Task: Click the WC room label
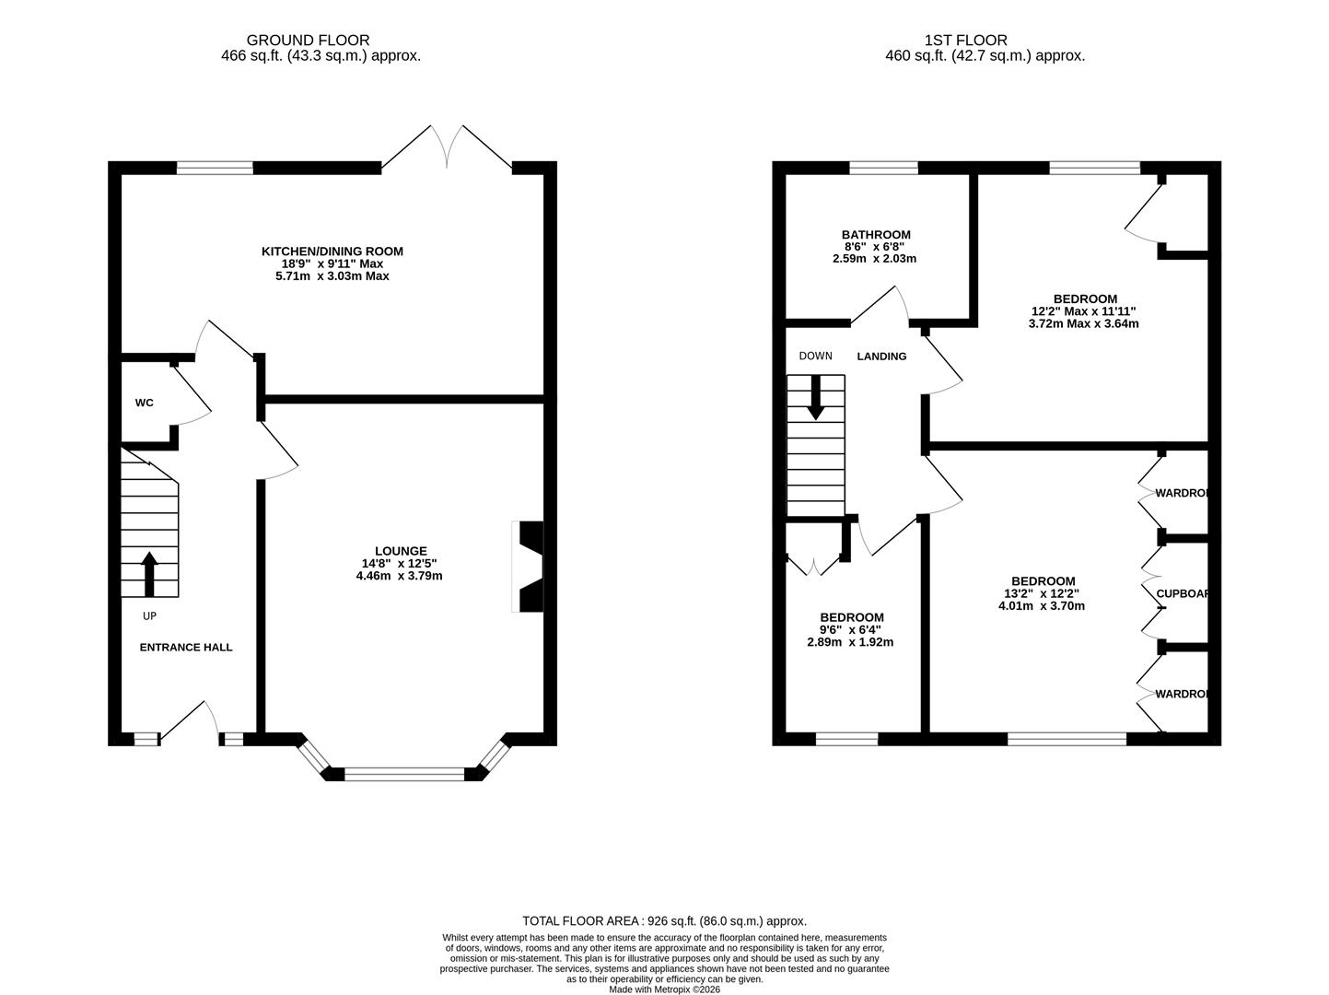(144, 403)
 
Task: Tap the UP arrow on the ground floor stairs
(149, 573)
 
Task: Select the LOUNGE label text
(400, 551)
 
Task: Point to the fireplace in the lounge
(530, 567)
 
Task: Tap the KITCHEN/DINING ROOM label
(332, 251)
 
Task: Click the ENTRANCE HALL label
(186, 647)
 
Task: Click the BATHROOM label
(876, 235)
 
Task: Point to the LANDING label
(881, 357)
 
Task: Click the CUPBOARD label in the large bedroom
(1181, 594)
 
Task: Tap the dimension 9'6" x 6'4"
(851, 630)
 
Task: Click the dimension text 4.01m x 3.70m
(1042, 606)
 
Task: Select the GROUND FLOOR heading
(308, 41)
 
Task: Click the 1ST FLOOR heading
(966, 41)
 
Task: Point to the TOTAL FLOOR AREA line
(664, 920)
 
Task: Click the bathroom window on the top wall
(883, 167)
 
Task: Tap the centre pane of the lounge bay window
(404, 774)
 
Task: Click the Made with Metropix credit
(664, 989)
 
